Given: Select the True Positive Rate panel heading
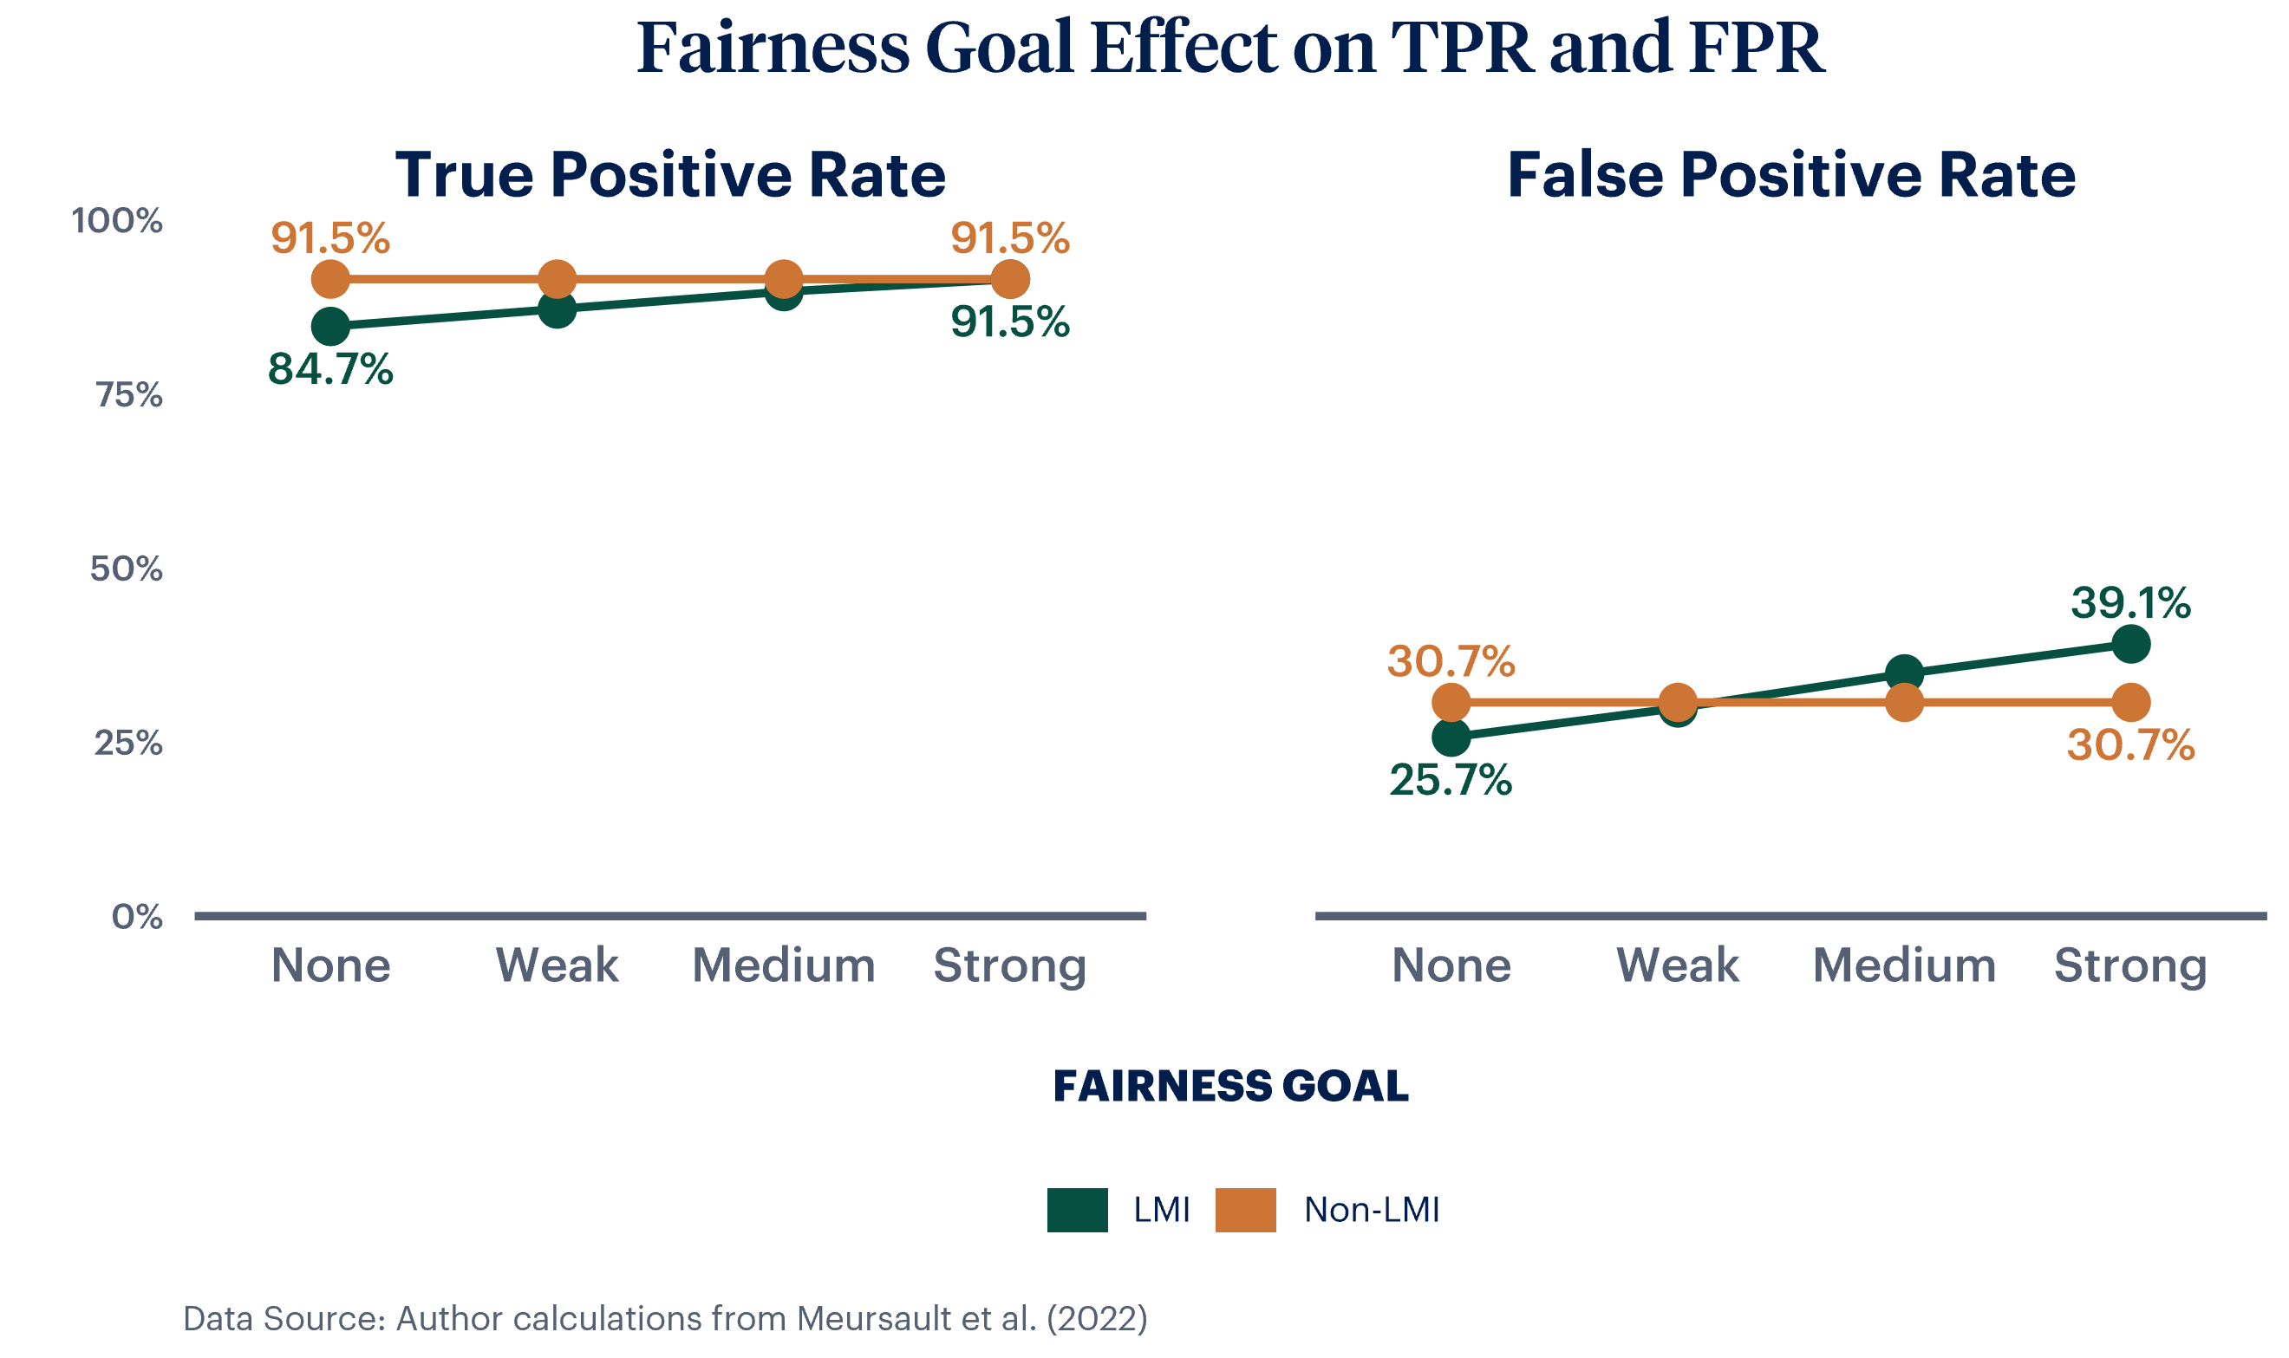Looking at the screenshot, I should [670, 175].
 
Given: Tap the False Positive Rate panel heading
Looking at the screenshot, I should [1790, 175].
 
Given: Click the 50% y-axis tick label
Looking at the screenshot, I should [127, 569].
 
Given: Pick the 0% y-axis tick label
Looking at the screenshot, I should [137, 917].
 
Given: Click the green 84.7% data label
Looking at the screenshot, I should [330, 370].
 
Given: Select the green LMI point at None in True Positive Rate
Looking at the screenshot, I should [330, 326].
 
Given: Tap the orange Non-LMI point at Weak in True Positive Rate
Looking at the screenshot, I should [557, 279].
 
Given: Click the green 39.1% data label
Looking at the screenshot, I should [2129, 603].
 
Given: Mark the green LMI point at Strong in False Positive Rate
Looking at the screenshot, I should [2129, 644].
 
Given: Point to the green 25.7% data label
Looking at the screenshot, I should [1450, 781].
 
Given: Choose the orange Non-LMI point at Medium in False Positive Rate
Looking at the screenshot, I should [1904, 703].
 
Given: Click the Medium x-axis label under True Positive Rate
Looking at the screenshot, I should [784, 966].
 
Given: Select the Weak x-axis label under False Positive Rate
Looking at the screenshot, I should [1677, 966].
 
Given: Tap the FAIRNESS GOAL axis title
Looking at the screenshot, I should [1230, 1086].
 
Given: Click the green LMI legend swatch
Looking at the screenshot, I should [1077, 1210].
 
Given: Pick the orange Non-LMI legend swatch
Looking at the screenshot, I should [1245, 1210].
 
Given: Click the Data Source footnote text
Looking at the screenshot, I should [664, 1319].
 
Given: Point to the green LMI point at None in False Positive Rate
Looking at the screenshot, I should [1450, 737].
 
